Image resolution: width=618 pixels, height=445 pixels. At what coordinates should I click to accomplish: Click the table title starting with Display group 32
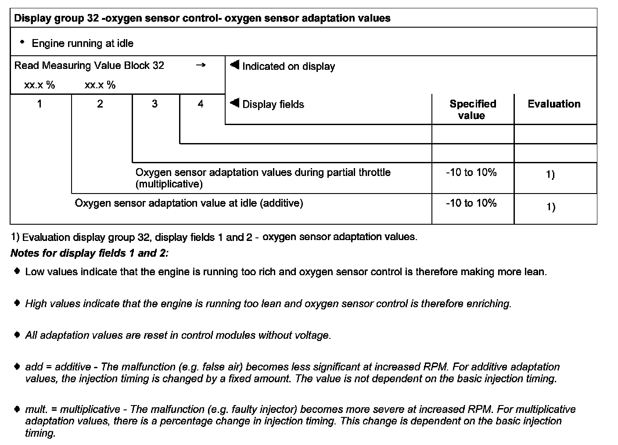click(202, 18)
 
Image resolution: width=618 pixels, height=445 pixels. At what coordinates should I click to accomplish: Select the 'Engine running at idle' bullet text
click(83, 43)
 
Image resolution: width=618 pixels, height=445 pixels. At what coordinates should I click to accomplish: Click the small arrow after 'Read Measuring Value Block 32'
click(201, 65)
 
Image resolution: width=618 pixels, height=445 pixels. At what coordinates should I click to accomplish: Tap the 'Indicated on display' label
click(288, 67)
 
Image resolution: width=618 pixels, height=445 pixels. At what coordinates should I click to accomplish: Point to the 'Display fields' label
click(273, 104)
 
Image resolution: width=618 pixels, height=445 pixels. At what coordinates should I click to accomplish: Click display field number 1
click(40, 104)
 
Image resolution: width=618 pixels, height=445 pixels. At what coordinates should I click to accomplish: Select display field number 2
click(100, 104)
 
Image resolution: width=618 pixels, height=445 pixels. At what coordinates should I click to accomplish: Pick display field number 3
click(154, 104)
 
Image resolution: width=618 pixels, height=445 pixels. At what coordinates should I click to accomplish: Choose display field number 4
click(201, 104)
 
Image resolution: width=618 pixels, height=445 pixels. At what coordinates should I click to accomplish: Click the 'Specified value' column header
click(472, 110)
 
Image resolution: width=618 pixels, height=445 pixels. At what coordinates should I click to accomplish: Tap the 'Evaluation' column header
click(554, 104)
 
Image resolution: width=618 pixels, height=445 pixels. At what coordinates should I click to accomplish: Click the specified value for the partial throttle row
click(471, 172)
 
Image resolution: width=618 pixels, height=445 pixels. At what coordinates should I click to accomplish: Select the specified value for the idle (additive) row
click(471, 203)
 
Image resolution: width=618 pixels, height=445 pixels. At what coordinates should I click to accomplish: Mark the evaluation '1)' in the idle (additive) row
click(550, 207)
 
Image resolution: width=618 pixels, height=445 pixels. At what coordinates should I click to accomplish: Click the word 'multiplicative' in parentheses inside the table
click(169, 184)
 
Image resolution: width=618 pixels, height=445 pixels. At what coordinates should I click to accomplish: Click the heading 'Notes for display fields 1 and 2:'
click(90, 253)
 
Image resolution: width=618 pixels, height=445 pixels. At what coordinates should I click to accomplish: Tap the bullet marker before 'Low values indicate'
click(17, 271)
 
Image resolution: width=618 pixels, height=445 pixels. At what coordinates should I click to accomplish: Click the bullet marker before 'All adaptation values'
click(17, 335)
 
